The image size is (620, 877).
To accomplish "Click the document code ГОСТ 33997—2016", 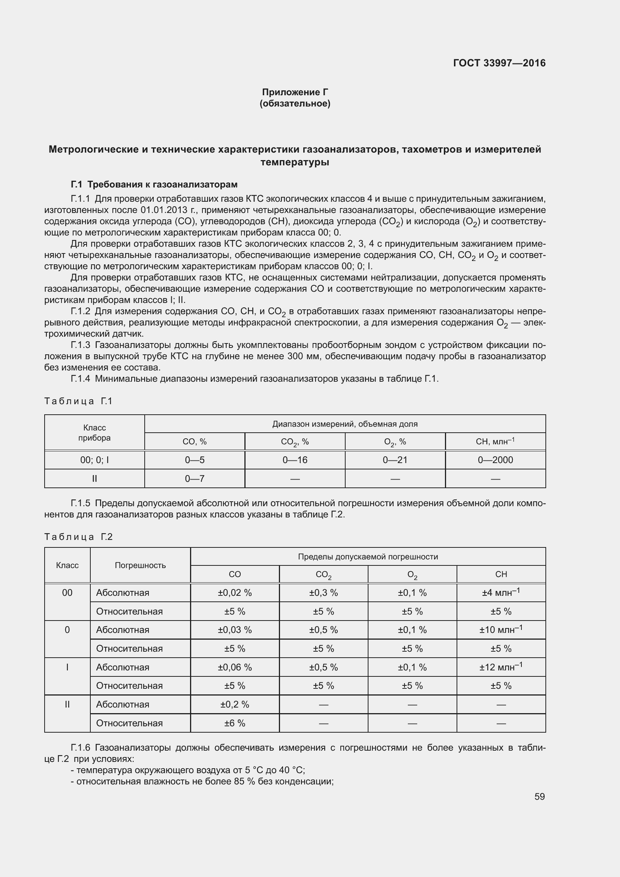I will (499, 63).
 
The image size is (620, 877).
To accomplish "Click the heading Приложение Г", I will (295, 92).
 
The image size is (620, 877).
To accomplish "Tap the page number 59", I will (539, 796).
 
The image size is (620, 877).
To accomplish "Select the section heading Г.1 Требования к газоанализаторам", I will (154, 184).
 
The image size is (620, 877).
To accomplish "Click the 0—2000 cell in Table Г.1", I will (495, 460).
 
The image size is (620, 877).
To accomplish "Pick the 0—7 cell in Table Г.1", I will (195, 478).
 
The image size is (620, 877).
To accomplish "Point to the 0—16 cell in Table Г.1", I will (295, 460).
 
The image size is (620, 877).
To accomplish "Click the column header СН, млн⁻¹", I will (495, 442).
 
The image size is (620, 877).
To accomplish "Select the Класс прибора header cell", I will (94, 433).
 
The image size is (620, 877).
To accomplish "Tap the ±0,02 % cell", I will (234, 593).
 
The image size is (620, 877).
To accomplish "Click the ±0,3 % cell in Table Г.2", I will (323, 593).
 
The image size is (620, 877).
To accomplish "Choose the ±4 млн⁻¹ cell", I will (500, 593).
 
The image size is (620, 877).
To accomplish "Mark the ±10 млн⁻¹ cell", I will (500, 630).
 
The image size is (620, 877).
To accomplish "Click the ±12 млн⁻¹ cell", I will (500, 667).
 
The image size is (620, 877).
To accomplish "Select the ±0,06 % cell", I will (234, 667).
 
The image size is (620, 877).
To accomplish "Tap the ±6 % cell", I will (234, 723).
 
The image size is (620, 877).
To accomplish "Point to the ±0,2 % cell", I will (234, 705).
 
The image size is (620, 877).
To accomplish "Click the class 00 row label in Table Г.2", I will (67, 593).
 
